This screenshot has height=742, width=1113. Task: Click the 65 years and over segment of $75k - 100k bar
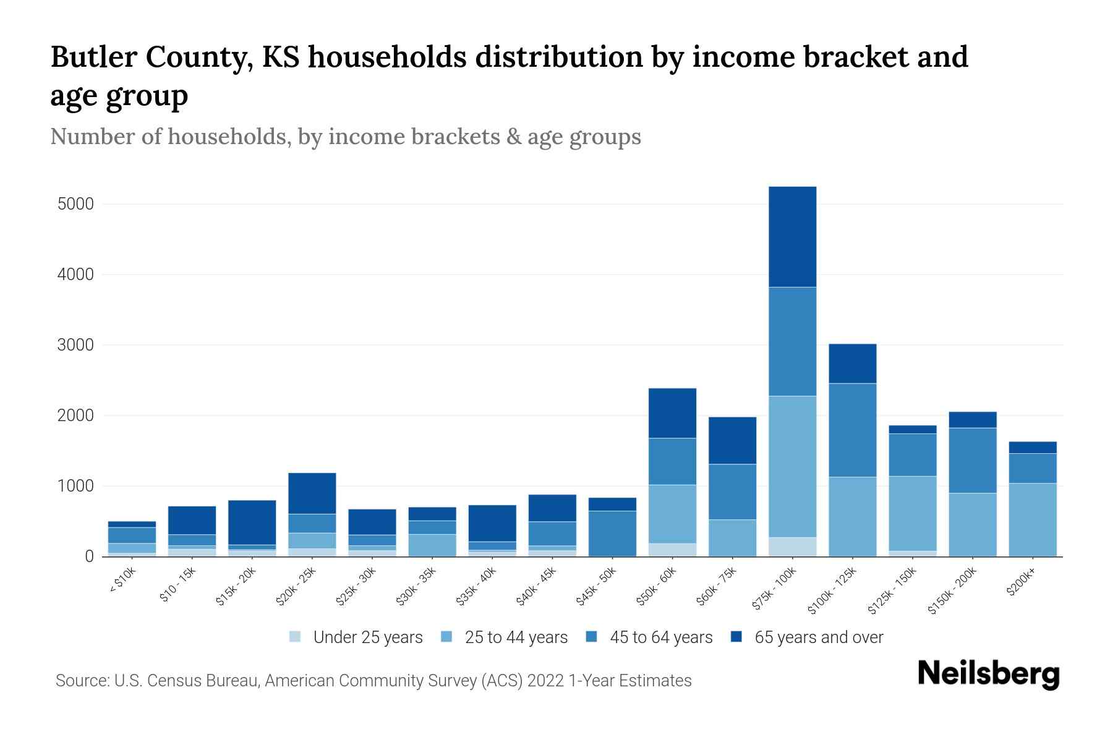click(x=792, y=236)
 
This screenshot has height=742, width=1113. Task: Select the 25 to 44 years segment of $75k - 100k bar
click(x=792, y=466)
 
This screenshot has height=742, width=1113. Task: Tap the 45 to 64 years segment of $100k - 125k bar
click(x=852, y=430)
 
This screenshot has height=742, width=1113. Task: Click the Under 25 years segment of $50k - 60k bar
click(x=672, y=550)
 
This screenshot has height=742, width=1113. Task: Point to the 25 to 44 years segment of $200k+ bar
click(x=1032, y=519)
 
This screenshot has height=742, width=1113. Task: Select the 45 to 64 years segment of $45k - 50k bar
click(x=612, y=533)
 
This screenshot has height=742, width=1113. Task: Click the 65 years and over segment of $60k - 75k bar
click(x=732, y=440)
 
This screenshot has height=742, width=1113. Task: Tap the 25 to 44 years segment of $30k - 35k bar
click(x=432, y=545)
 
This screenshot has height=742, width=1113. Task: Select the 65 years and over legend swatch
click(x=736, y=637)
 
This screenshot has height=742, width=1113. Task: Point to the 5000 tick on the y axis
click(x=76, y=204)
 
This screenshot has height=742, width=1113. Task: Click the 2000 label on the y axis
click(x=76, y=416)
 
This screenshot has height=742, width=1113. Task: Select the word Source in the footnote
click(x=80, y=681)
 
